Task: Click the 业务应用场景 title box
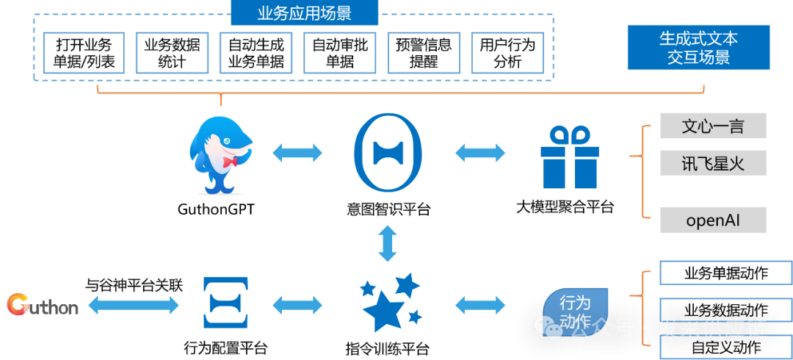point(305,13)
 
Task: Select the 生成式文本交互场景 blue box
point(698,48)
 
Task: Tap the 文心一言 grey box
point(713,126)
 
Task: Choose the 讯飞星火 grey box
point(713,163)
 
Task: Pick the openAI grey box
point(713,220)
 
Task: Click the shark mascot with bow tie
point(220,154)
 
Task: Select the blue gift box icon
point(569,157)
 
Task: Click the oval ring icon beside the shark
point(388,153)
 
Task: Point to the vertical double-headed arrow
point(388,243)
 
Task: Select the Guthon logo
point(43,304)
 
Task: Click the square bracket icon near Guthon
point(225,303)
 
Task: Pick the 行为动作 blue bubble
point(575,311)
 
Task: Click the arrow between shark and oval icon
point(297,153)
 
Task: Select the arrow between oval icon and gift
point(480,153)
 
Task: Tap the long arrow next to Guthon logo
point(133,304)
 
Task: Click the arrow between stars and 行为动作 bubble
point(480,304)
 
